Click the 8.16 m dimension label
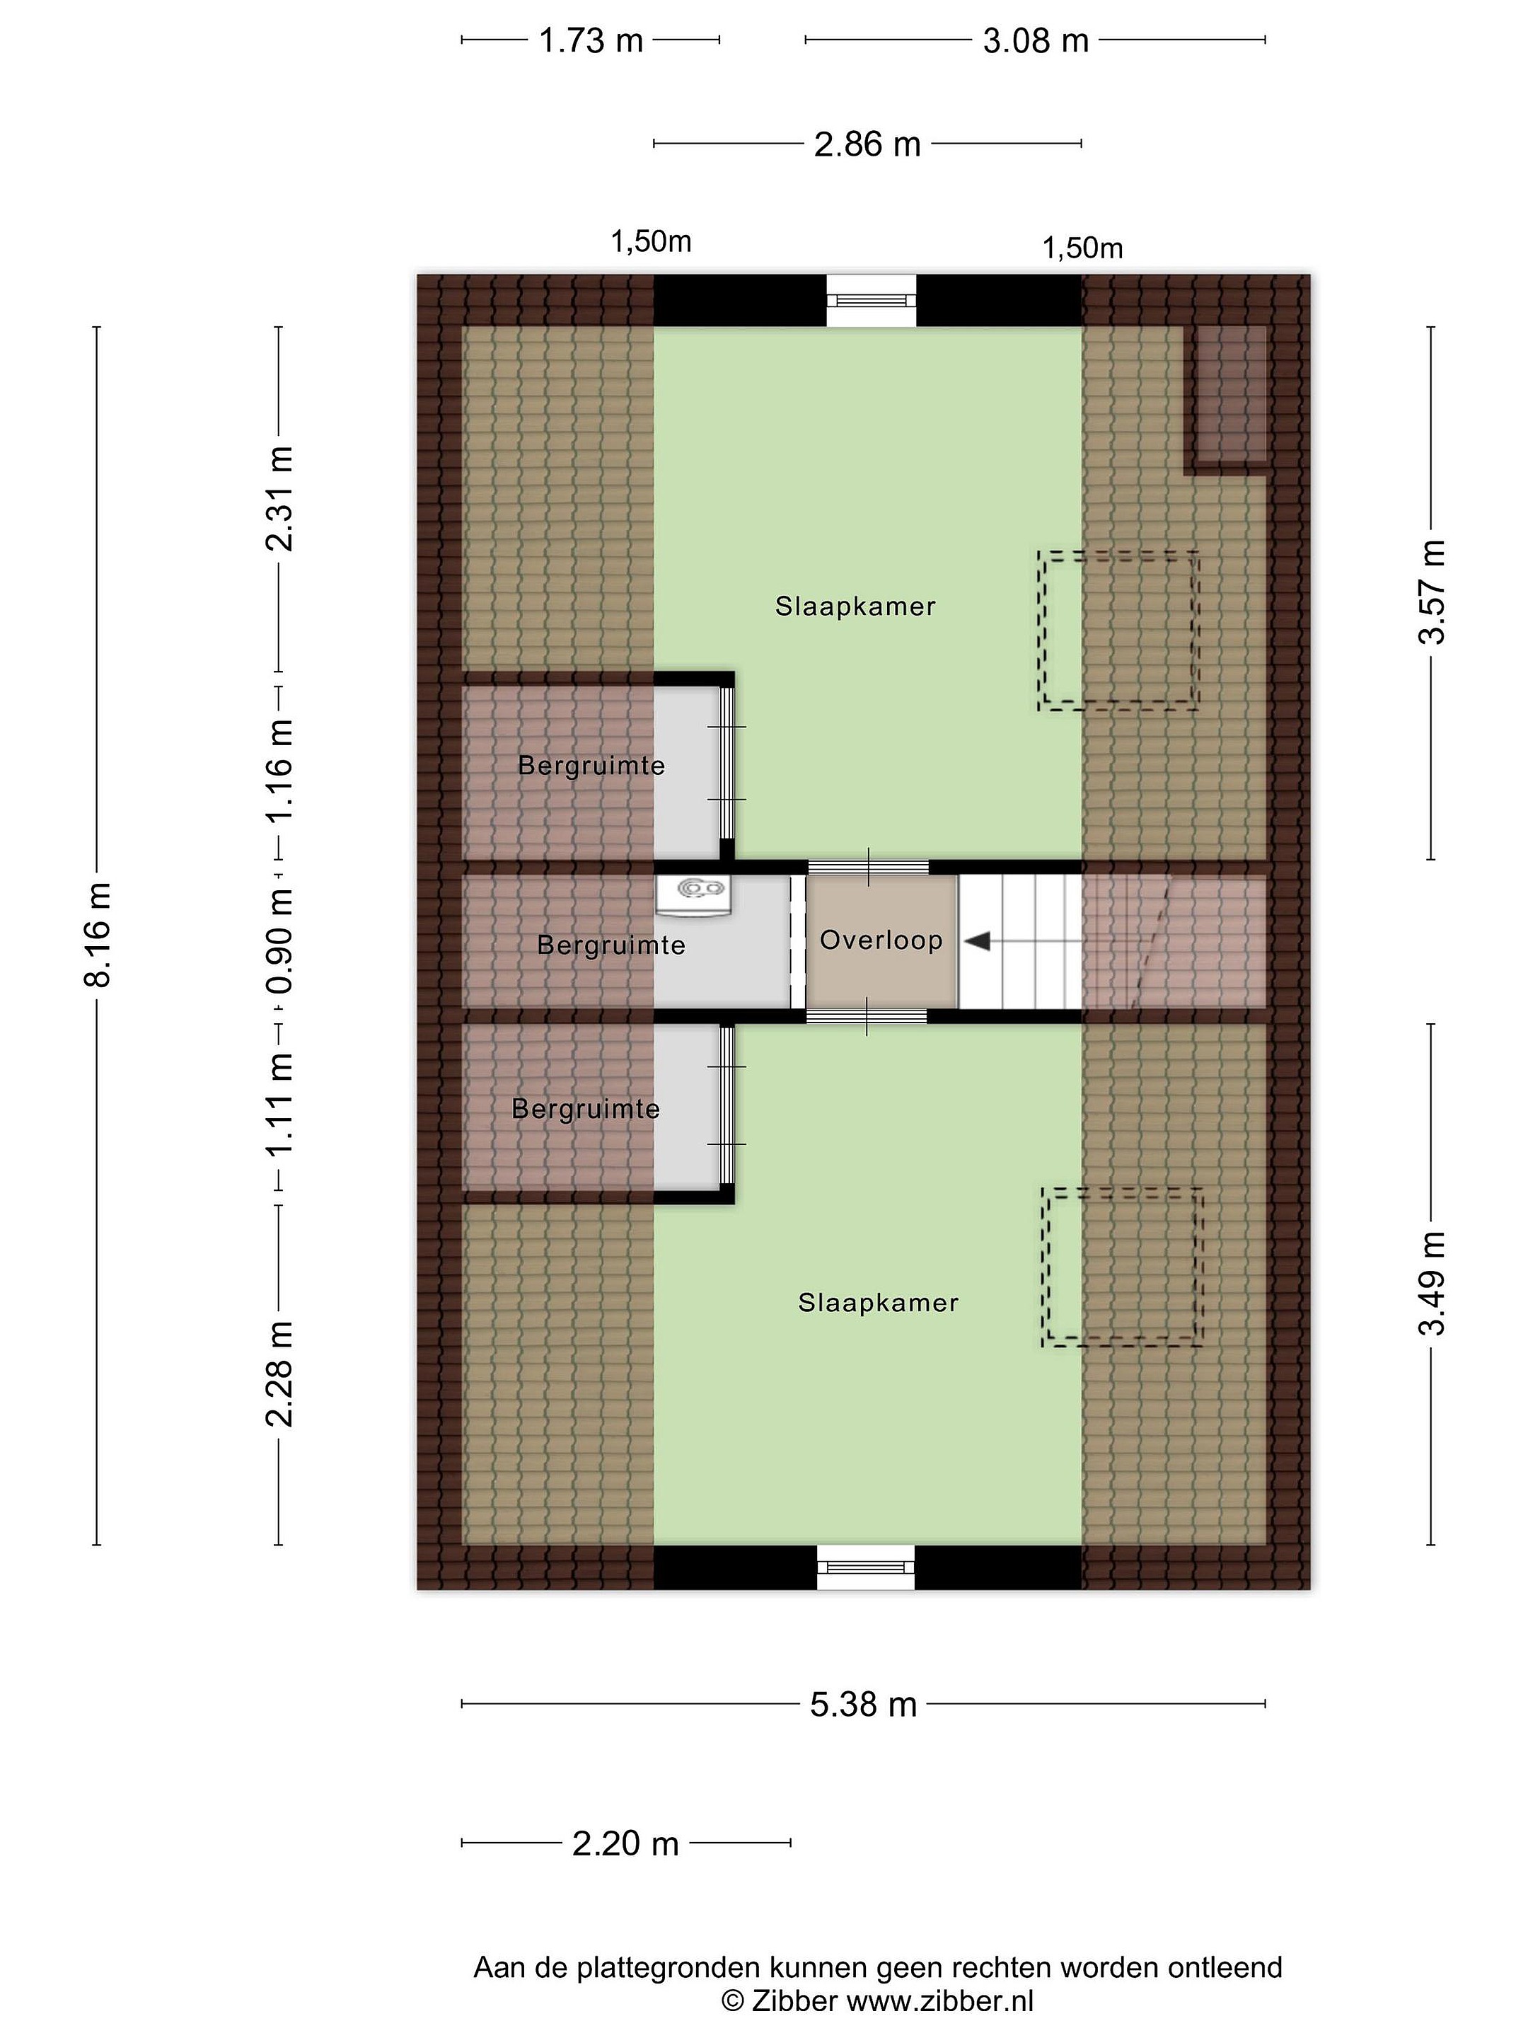click(98, 934)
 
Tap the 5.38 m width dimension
click(863, 1705)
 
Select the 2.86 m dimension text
click(867, 144)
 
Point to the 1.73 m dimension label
click(591, 40)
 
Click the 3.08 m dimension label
click(1035, 40)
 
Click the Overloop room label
click(881, 940)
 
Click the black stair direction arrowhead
click(977, 940)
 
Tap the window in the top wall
click(872, 300)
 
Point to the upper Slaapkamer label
click(856, 606)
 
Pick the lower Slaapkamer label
click(879, 1302)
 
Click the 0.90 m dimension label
click(279, 940)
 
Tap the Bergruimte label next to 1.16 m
click(591, 765)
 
